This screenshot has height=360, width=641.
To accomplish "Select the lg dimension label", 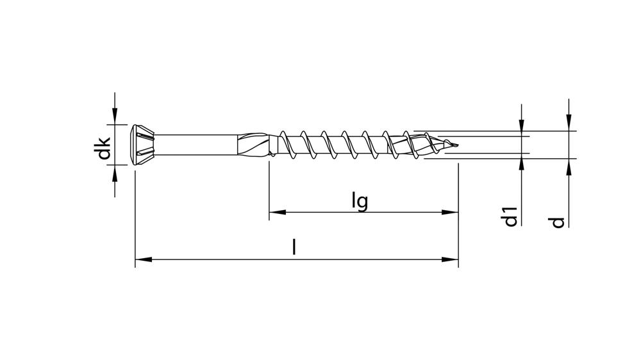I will point(360,200).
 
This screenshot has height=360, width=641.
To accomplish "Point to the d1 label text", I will point(510,217).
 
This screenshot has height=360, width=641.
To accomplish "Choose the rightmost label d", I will point(558,222).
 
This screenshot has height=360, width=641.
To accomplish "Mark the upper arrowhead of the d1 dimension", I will point(522,127).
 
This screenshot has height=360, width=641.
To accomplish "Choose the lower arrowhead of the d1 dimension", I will point(522,163).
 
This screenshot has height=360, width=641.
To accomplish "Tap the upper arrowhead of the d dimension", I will point(568,123).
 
